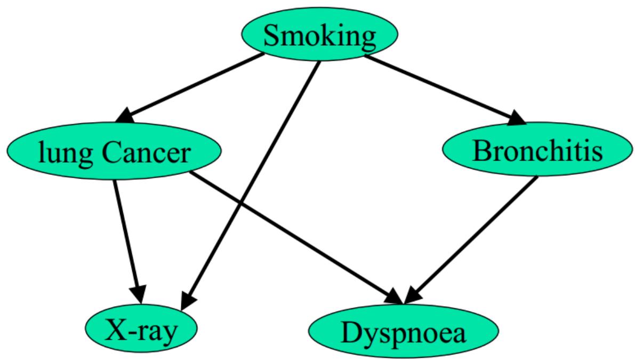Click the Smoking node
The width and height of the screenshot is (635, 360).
(319, 36)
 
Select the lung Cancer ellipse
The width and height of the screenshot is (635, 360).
(114, 153)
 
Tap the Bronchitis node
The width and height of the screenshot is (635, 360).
(537, 151)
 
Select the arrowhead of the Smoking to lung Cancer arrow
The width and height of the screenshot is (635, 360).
(128, 116)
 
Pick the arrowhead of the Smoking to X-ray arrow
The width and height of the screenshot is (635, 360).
(187, 300)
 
